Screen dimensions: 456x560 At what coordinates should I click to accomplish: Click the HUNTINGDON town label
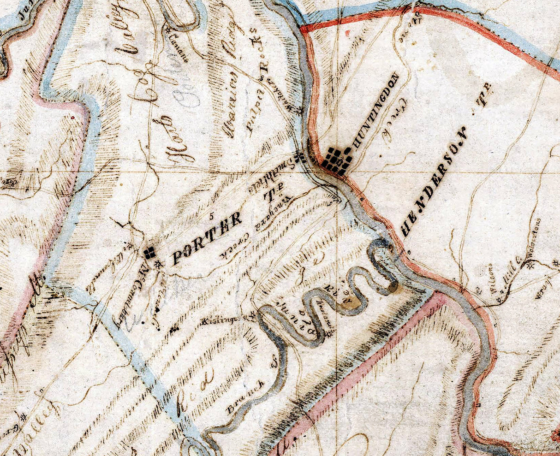click(x=374, y=111)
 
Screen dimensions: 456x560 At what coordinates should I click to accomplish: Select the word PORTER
click(x=207, y=238)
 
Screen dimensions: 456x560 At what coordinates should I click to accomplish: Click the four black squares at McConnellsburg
click(x=149, y=252)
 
